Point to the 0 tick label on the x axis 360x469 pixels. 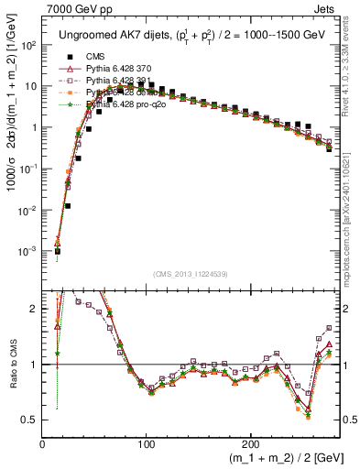tap(43, 443)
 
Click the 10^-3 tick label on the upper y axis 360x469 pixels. tap(28, 251)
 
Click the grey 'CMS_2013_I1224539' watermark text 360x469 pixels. tap(191, 274)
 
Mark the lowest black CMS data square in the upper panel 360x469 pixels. tap(57, 251)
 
